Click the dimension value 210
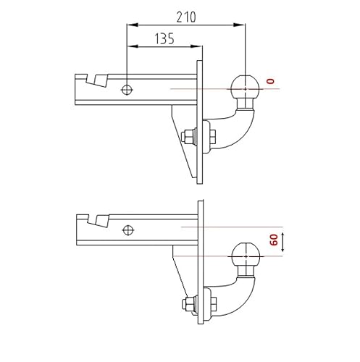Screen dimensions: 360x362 (x=186, y=17)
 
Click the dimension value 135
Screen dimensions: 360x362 (x=164, y=38)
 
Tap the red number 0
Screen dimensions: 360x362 (x=271, y=81)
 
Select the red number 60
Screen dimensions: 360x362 (x=275, y=240)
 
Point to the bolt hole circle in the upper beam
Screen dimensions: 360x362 (x=127, y=90)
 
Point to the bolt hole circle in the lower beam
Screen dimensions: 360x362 (x=128, y=230)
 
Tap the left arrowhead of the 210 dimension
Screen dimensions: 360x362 (x=133, y=25)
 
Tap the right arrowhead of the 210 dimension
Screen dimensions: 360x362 (x=240, y=25)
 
